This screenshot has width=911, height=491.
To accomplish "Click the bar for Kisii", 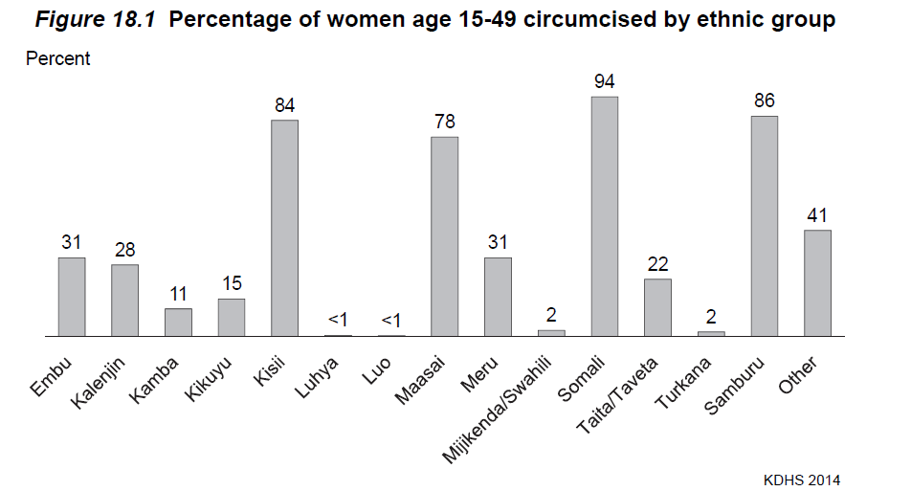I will (x=284, y=228).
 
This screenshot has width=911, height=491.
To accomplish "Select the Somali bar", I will (x=604, y=216).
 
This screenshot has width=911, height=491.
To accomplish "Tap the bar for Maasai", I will (x=444, y=236).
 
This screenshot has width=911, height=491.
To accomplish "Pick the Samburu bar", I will (x=764, y=226).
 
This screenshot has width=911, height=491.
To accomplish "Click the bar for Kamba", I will (x=178, y=322).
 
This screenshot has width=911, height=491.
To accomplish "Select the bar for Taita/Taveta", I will (x=657, y=307).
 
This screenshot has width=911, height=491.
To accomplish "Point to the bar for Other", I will (x=817, y=283).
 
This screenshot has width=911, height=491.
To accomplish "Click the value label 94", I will (x=604, y=81).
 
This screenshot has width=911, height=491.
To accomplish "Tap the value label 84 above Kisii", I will (x=284, y=104).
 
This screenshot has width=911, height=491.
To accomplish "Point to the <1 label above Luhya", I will (x=338, y=319).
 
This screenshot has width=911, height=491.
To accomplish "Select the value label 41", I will (x=817, y=214).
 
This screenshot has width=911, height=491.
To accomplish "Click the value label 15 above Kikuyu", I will (x=231, y=283).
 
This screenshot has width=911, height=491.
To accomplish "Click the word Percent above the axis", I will (x=57, y=59).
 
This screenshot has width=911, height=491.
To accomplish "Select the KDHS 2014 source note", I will (x=802, y=479).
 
